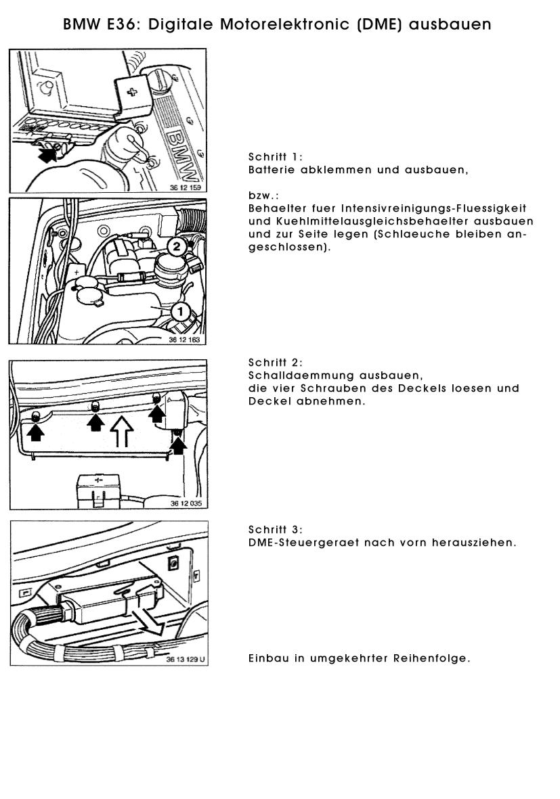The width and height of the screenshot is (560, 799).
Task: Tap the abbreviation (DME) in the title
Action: coord(378,24)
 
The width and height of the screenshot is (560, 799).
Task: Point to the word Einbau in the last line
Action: coord(268,658)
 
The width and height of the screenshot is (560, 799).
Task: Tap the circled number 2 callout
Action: coord(176,246)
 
